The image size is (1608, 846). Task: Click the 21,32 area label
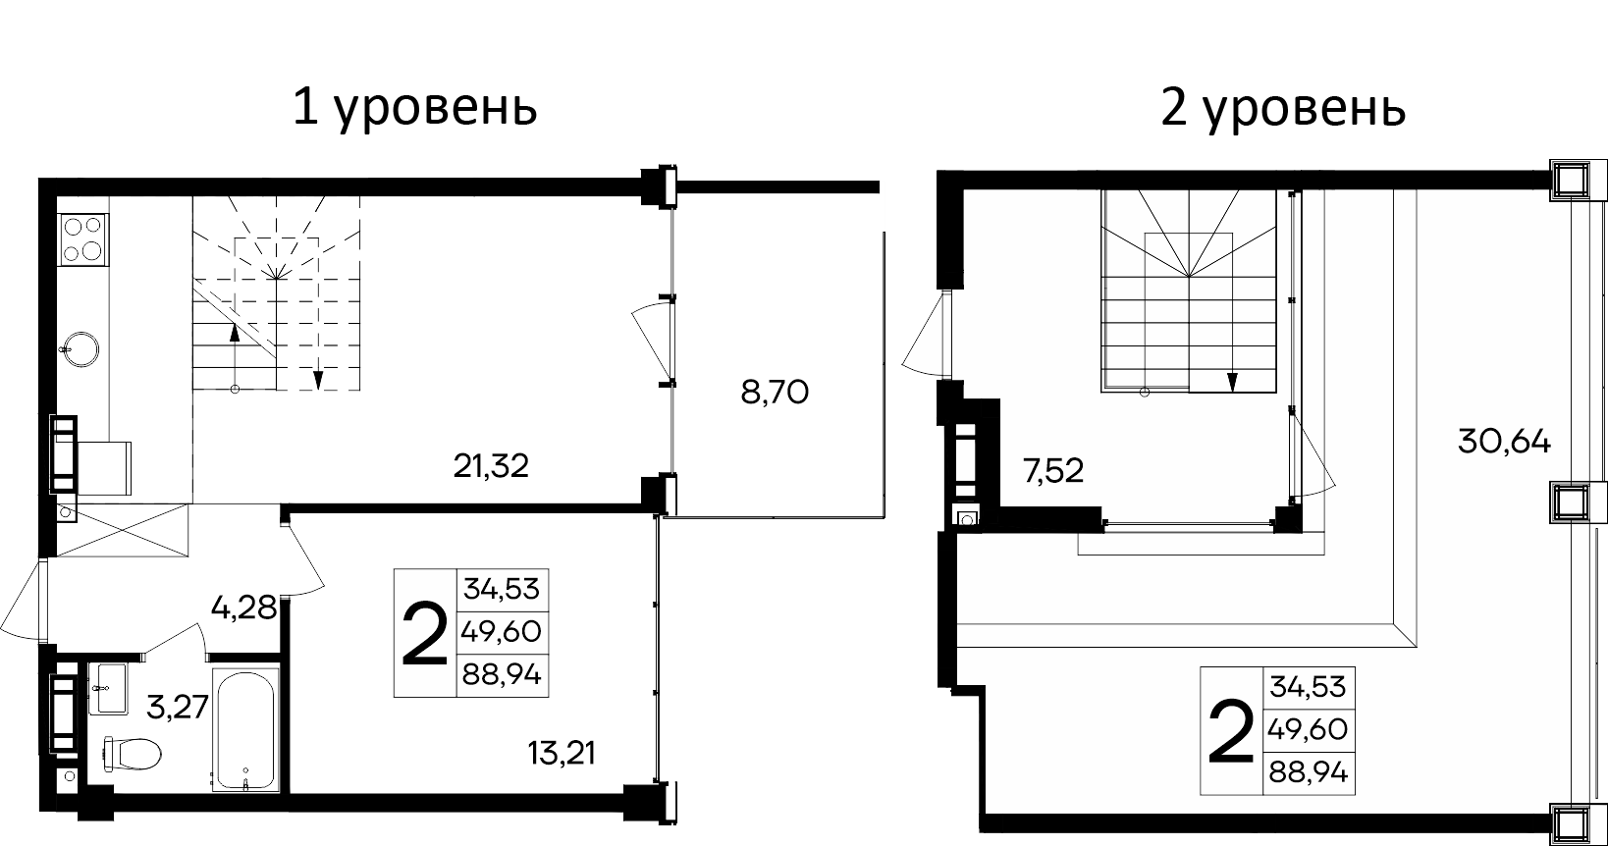click(491, 465)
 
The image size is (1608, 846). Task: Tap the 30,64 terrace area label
click(1504, 442)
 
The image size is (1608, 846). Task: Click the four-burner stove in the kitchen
click(82, 238)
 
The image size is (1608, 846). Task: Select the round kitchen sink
click(77, 347)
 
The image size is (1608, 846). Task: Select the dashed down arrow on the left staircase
click(318, 378)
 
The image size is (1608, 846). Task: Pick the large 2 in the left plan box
click(425, 633)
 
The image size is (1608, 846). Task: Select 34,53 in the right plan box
click(1309, 686)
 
